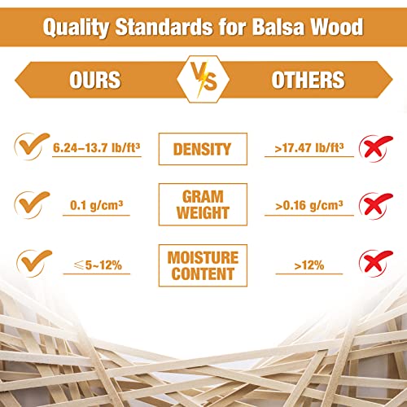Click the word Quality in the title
(x=75, y=28)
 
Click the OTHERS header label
(x=309, y=80)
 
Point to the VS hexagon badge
(x=203, y=80)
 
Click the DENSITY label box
(x=203, y=149)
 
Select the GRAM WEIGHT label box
(x=203, y=204)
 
